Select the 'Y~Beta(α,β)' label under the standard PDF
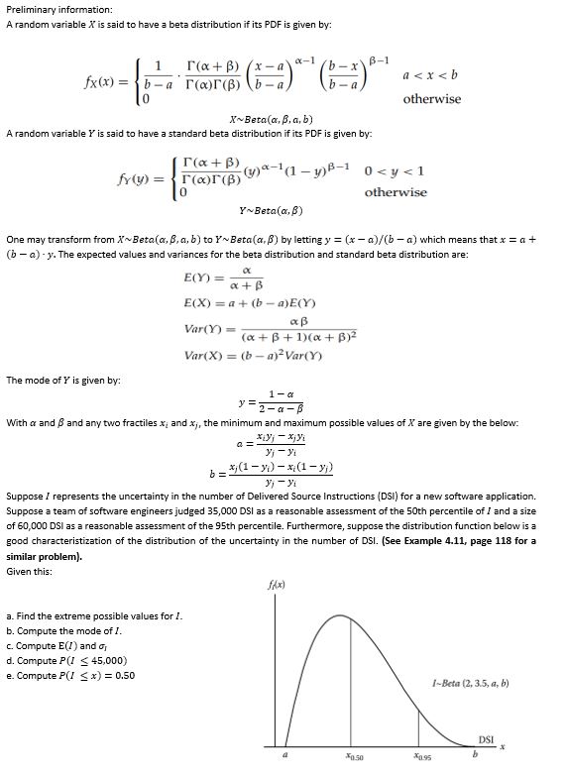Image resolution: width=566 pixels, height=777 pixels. (271, 210)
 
